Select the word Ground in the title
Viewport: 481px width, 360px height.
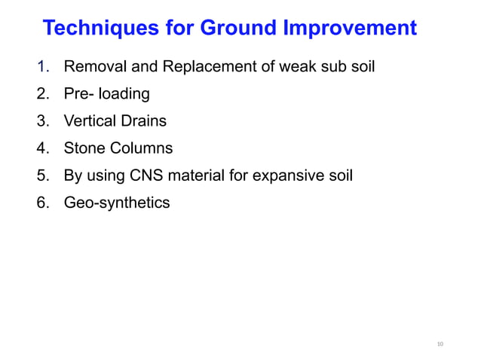pos(235,29)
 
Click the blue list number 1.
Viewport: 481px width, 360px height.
pos(42,68)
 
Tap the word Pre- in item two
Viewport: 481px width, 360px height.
pos(79,94)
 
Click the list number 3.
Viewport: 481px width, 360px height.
pos(42,121)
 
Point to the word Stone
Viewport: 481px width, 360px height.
pos(84,148)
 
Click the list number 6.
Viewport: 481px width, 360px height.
pos(42,203)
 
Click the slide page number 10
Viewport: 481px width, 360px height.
pos(441,344)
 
